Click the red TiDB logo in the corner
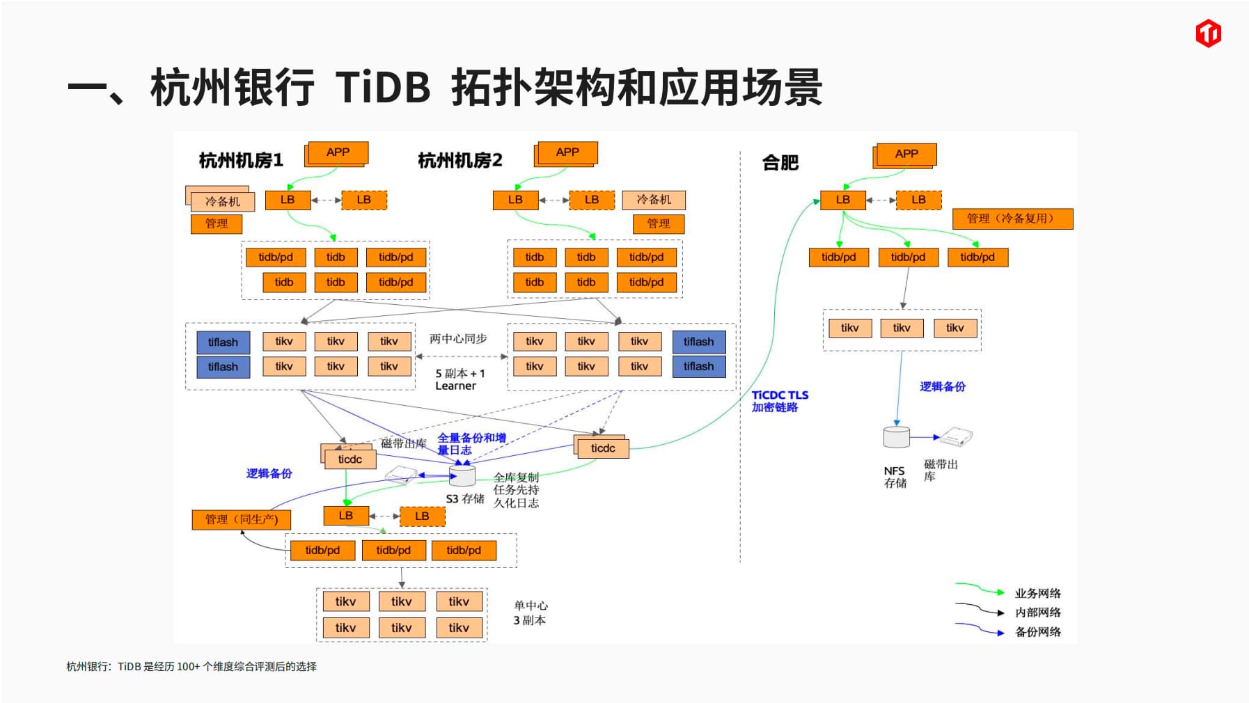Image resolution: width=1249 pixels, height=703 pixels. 1208,33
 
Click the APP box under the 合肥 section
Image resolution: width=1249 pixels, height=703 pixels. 906,154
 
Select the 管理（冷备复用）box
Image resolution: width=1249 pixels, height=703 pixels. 1012,219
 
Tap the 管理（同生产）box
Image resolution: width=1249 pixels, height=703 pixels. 241,519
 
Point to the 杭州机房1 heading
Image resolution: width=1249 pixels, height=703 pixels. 241,161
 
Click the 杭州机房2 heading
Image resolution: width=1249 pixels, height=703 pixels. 459,161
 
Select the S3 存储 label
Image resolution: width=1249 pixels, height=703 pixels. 465,498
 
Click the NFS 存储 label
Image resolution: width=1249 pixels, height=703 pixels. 895,477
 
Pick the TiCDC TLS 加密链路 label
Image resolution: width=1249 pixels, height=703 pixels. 779,401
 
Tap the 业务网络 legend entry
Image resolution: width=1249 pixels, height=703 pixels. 1037,593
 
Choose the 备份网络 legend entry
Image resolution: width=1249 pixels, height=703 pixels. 1037,632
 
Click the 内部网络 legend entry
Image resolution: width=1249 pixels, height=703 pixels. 1037,613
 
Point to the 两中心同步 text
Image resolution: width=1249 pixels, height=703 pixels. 458,339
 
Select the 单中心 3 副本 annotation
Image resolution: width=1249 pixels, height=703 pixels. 530,613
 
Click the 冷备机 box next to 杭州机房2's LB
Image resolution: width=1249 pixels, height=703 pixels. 654,200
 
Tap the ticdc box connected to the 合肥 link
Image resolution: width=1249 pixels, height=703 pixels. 603,448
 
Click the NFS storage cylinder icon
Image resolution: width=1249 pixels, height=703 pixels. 896,436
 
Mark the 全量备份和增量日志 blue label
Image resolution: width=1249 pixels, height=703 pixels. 471,443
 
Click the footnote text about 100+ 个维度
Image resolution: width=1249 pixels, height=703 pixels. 191,666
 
